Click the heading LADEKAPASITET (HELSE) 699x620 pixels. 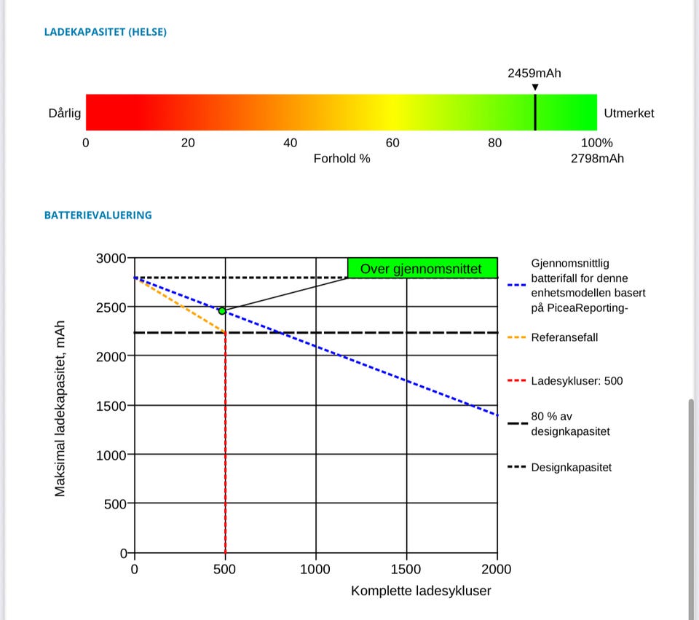pos(106,32)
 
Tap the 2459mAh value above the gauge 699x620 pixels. pos(534,73)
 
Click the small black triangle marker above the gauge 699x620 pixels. pos(535,88)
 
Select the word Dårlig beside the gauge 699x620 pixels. pos(64,113)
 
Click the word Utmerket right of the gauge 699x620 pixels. pos(629,113)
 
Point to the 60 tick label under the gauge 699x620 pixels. pos(392,143)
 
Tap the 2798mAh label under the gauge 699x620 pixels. pos(597,158)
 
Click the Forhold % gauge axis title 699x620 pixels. pos(341,158)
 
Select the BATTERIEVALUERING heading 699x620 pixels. pos(98,215)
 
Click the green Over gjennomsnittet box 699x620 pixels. pos(422,268)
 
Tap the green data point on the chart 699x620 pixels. pos(222,311)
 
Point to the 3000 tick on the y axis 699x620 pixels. pos(111,258)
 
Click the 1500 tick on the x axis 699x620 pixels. pos(406,569)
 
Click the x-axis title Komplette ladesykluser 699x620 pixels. pos(421,590)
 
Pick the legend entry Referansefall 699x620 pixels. pos(564,337)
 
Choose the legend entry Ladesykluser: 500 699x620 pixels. pos(577,380)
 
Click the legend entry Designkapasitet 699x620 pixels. pos(572,467)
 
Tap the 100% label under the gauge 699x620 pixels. pos(597,143)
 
